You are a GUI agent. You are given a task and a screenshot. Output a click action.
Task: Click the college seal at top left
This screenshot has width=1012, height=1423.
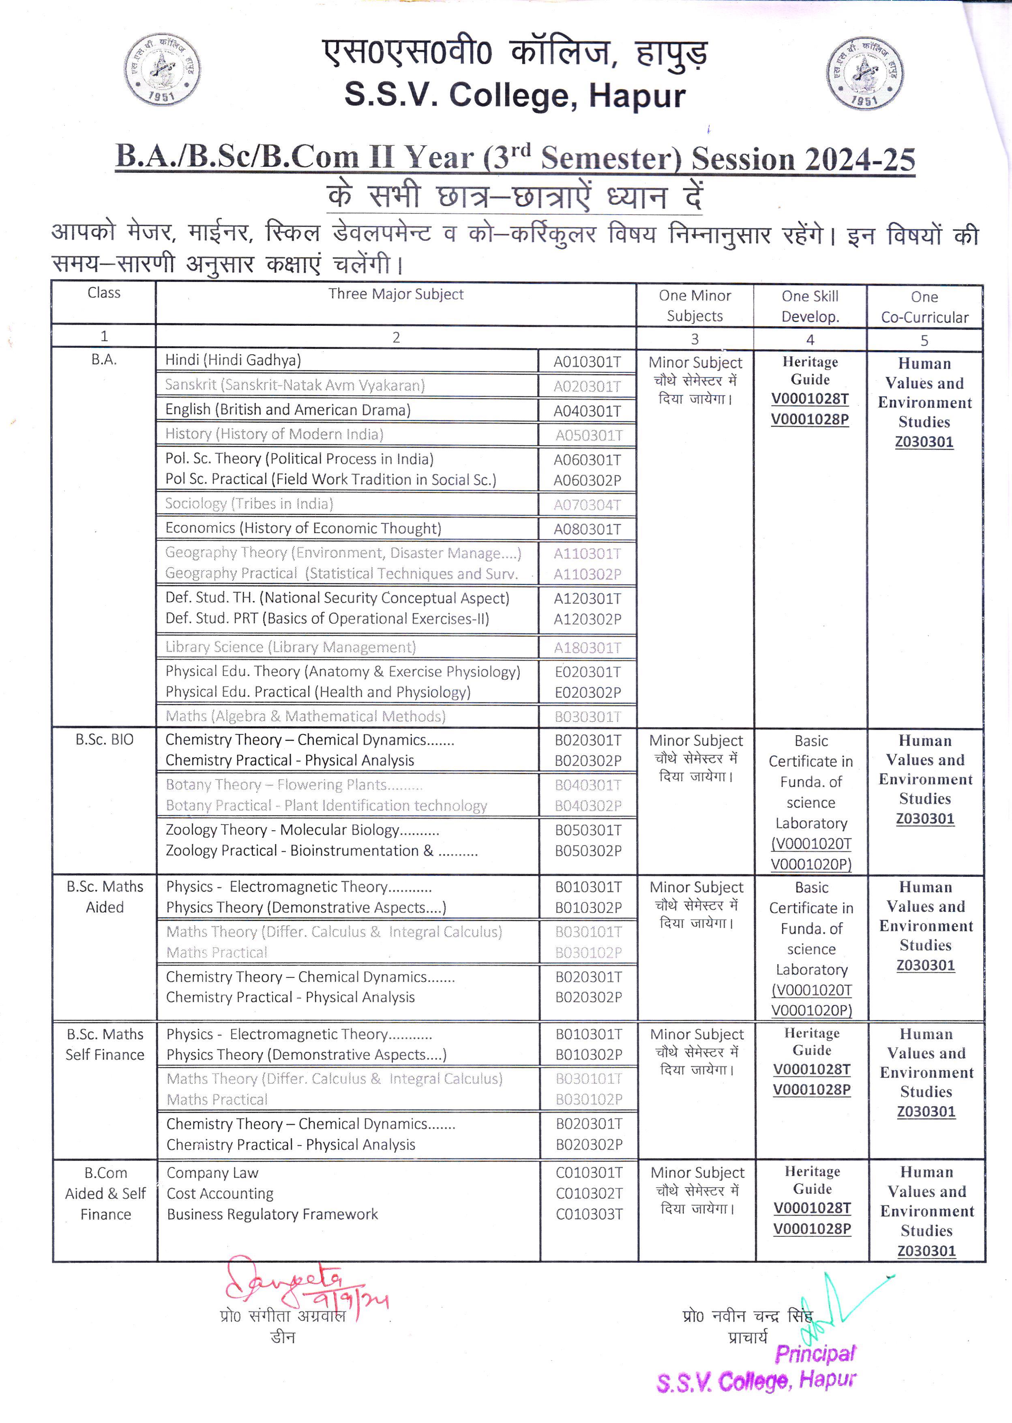pyautogui.click(x=162, y=69)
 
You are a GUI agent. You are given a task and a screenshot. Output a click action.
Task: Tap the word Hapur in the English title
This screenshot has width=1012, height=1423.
pyautogui.click(x=637, y=97)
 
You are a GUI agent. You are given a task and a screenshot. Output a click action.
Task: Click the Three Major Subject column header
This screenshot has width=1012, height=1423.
pyautogui.click(x=396, y=294)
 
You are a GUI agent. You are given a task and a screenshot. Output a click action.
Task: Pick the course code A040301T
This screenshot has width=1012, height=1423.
pyautogui.click(x=587, y=411)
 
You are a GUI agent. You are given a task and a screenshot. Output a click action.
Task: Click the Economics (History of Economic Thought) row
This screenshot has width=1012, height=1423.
pyautogui.click(x=303, y=528)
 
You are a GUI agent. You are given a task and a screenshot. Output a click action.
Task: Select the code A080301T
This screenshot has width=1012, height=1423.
pyautogui.click(x=587, y=530)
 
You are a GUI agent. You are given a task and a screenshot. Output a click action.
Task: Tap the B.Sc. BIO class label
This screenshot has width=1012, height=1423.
pyautogui.click(x=104, y=740)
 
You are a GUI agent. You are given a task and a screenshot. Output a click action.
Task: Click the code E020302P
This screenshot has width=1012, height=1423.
pyautogui.click(x=587, y=692)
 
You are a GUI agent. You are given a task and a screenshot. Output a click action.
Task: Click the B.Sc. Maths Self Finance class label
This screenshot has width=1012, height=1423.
pyautogui.click(x=105, y=1044)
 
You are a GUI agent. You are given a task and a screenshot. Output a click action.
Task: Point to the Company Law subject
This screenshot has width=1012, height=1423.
pyautogui.click(x=212, y=1173)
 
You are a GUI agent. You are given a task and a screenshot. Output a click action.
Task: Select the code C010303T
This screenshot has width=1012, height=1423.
pyautogui.click(x=589, y=1214)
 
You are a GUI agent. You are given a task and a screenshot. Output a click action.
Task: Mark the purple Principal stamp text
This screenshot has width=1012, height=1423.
pyautogui.click(x=815, y=1354)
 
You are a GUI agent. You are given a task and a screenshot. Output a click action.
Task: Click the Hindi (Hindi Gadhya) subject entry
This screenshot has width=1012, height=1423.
pyautogui.click(x=233, y=360)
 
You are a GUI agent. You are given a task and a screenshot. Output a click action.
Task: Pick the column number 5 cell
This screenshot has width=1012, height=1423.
pyautogui.click(x=924, y=340)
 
